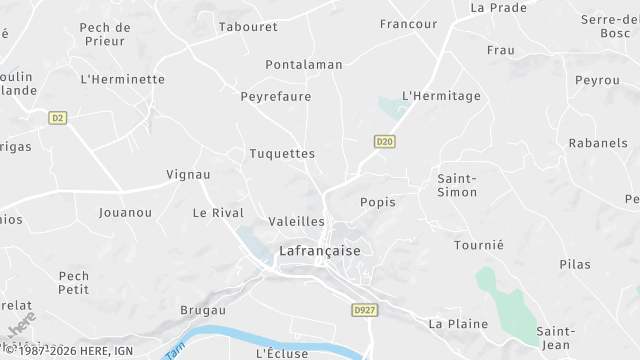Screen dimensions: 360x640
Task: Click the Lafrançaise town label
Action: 320,251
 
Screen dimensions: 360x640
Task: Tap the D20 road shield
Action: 384,142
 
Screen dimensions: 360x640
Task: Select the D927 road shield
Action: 363,311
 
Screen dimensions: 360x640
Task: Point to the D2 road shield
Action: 57,118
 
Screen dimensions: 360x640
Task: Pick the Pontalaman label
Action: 304,65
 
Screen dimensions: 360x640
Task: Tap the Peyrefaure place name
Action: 276,97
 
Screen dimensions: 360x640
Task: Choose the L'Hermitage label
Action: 441,96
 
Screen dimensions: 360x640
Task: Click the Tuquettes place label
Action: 282,154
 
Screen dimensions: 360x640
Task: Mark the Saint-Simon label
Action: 456,185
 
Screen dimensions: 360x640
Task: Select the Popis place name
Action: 377,202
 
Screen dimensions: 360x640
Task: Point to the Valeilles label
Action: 298,221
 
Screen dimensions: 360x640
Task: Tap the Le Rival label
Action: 218,213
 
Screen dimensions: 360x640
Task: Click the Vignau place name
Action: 188,174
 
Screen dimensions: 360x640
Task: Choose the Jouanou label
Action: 126,213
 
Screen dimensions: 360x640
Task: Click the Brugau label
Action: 203,311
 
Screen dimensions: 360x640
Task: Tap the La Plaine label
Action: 458,324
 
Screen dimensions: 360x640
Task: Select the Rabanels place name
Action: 598,143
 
